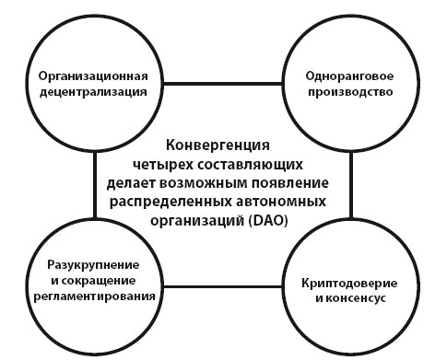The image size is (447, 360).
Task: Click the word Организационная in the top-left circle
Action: click(93, 75)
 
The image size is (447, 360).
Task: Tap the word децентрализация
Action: click(93, 91)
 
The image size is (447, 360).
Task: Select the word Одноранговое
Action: click(350, 75)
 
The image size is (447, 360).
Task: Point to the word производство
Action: click(350, 91)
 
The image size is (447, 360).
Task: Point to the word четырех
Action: click(171, 163)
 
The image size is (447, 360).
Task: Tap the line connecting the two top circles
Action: click(222, 84)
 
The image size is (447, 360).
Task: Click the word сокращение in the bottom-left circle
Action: click(103, 280)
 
